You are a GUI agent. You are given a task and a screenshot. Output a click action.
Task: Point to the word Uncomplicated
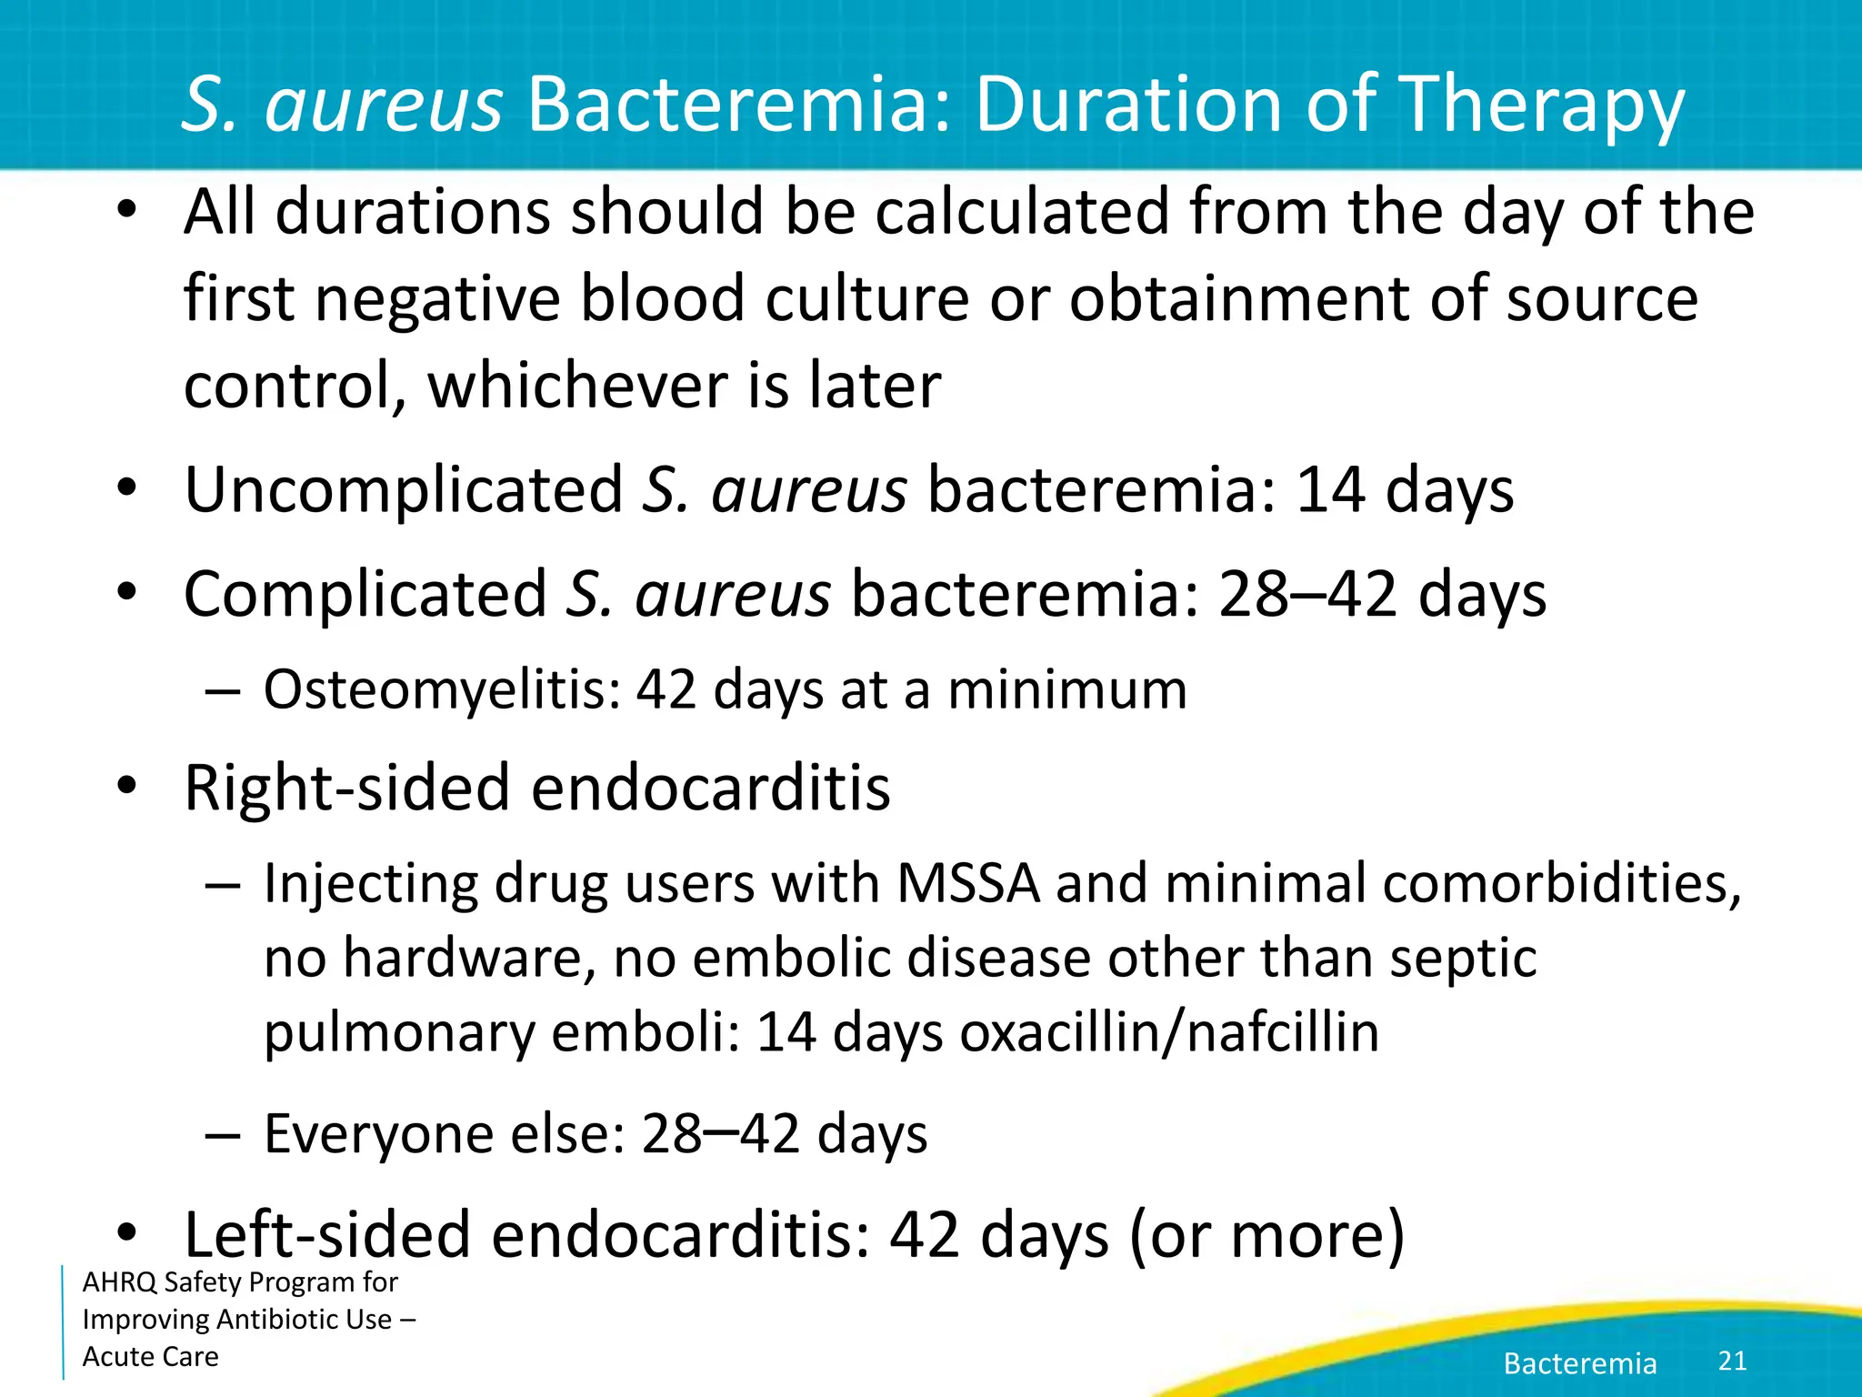[404, 491]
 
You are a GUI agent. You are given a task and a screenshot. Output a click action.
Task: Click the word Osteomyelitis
[442, 689]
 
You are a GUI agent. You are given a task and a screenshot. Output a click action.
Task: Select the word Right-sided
[347, 788]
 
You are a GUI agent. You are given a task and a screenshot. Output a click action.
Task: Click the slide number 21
[1732, 1361]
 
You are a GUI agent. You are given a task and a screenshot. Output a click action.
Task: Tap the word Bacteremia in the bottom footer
[1580, 1362]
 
